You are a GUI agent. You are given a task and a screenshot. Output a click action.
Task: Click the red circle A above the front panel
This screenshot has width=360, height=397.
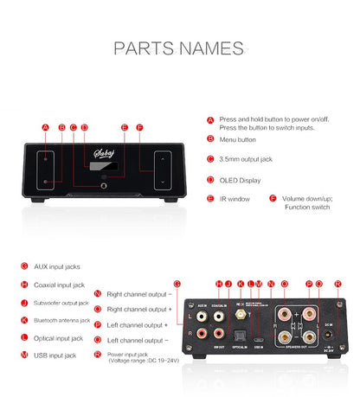pos(45,127)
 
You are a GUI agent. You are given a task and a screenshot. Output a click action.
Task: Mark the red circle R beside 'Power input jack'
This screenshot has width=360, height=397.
pos(98,355)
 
